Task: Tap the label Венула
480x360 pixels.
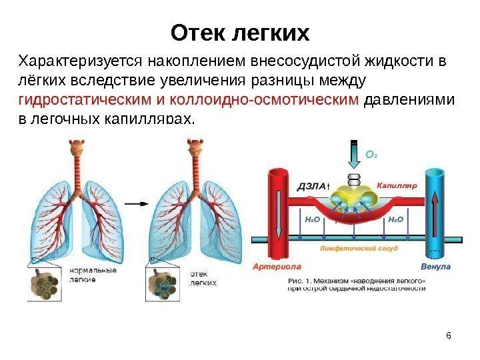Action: pyautogui.click(x=436, y=267)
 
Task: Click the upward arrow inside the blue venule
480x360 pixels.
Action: pyautogui.click(x=435, y=213)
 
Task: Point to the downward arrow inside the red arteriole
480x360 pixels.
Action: pyautogui.click(x=276, y=213)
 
